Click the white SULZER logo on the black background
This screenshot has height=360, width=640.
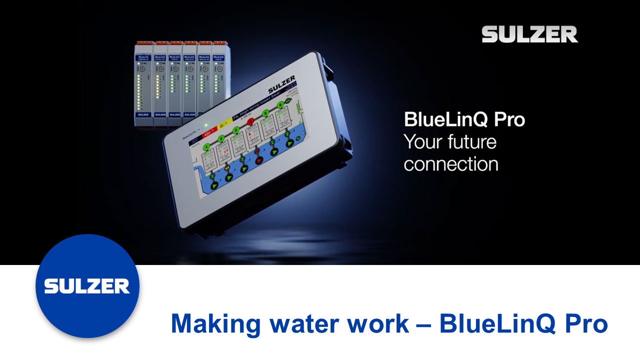[529, 34]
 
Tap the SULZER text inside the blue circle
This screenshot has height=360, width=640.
[87, 286]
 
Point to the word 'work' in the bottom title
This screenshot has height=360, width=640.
[380, 324]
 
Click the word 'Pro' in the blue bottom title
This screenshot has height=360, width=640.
[583, 324]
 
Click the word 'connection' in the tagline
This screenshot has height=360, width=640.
[450, 164]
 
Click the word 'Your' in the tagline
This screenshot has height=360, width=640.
[422, 142]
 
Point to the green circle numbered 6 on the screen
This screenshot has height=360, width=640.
[280, 105]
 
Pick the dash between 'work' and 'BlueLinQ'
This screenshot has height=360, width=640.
[424, 324]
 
